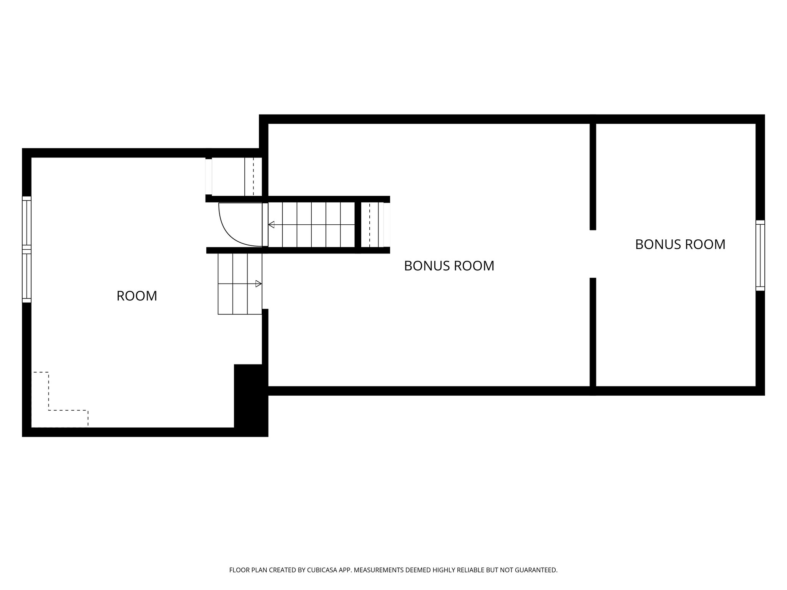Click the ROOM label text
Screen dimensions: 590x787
click(137, 296)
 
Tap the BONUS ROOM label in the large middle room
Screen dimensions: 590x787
click(449, 266)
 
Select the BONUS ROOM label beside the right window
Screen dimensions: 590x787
click(680, 244)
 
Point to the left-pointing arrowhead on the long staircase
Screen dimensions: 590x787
click(271, 225)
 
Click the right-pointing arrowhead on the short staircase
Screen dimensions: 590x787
click(259, 284)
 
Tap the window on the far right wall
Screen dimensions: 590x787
click(760, 255)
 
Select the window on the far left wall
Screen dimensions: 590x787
click(26, 249)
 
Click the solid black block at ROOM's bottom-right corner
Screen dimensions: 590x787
click(250, 399)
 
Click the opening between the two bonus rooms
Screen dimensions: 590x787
click(593, 254)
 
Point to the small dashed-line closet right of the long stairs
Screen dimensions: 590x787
click(372, 225)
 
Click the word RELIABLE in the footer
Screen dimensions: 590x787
click(471, 570)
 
